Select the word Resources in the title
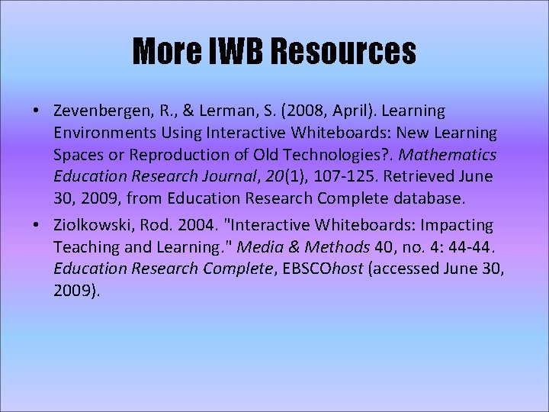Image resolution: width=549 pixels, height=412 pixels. coord(345,52)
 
